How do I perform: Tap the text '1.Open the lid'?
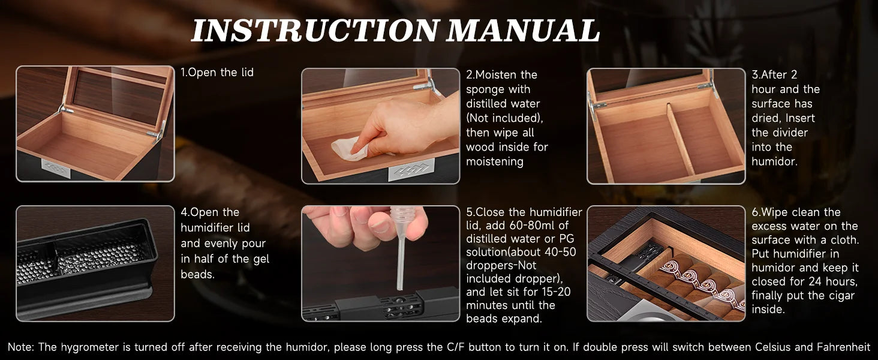pyautogui.click(x=217, y=73)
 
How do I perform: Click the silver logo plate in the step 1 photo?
pyautogui.click(x=55, y=168)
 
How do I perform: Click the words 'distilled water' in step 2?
pyautogui.click(x=495, y=104)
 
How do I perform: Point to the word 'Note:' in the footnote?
pyautogui.click(x=21, y=347)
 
